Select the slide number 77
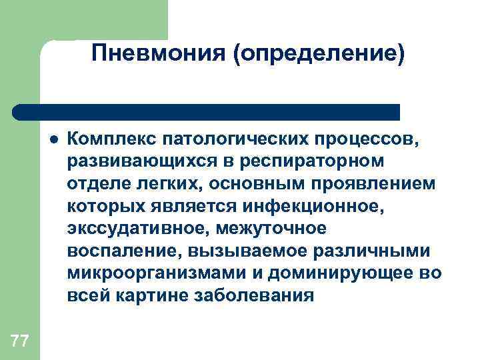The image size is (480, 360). pyautogui.click(x=19, y=342)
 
